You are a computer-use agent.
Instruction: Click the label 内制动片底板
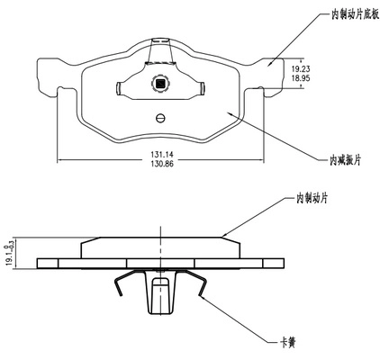pyautogui.click(x=355, y=14)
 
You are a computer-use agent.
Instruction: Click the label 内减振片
pyautogui.click(x=345, y=160)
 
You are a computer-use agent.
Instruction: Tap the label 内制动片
pyautogui.click(x=312, y=198)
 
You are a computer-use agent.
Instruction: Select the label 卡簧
pyautogui.click(x=288, y=342)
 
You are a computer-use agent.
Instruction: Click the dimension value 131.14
pyautogui.click(x=162, y=155)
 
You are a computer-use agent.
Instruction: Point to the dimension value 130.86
pyautogui.click(x=162, y=164)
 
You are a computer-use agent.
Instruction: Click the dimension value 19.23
pyautogui.click(x=301, y=69)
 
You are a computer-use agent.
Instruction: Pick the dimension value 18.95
pyautogui.click(x=301, y=78)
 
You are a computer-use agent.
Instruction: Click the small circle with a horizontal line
pyautogui.click(x=160, y=118)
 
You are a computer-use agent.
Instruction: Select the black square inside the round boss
pyautogui.click(x=160, y=83)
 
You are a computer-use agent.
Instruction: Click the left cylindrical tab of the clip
pyautogui.click(x=118, y=88)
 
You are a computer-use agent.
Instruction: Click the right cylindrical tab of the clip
pyautogui.click(x=202, y=88)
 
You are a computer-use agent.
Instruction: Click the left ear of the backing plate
pyautogui.click(x=48, y=76)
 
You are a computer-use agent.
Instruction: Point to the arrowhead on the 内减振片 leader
pyautogui.click(x=230, y=114)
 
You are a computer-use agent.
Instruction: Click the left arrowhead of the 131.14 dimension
pyautogui.click(x=59, y=160)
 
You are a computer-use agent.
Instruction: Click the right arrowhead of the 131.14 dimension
pyautogui.click(x=261, y=160)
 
